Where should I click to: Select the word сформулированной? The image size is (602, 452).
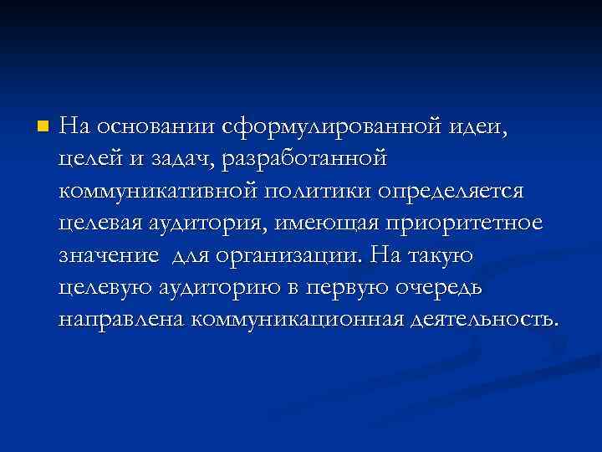[331, 127]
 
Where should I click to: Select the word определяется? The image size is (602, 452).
[450, 191]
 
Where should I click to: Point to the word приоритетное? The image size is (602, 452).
[472, 223]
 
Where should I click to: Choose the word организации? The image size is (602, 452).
[293, 254]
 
